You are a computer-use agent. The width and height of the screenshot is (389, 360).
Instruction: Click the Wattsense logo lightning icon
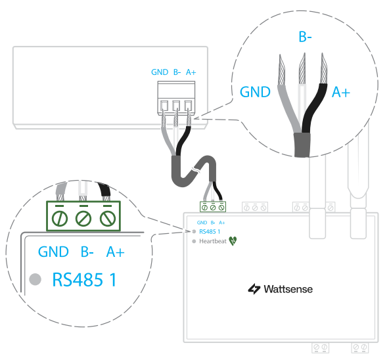pyautogui.click(x=254, y=289)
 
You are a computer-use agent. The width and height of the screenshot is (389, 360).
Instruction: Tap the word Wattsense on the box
pyautogui.click(x=288, y=289)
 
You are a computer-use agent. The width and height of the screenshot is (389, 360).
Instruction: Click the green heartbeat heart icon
pyautogui.click(x=233, y=240)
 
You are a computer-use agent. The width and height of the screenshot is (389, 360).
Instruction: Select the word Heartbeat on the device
pyautogui.click(x=213, y=241)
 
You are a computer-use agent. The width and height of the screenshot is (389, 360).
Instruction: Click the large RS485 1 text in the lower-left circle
pyautogui.click(x=84, y=280)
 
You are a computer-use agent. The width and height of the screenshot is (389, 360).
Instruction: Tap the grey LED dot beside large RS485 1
pyautogui.click(x=35, y=279)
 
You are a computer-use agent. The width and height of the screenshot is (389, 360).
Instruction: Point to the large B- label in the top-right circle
pyautogui.click(x=305, y=37)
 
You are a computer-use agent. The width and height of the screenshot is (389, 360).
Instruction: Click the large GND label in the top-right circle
pyautogui.click(x=255, y=92)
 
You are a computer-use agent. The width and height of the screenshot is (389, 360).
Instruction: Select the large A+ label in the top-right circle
pyautogui.click(x=341, y=92)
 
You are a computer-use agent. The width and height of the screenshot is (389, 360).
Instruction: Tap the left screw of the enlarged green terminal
pyautogui.click(x=60, y=219)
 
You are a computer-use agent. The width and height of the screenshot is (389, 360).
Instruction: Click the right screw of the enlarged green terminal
pyautogui.click(x=108, y=219)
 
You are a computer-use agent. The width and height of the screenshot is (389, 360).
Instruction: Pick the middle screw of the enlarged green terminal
pyautogui.click(x=83, y=219)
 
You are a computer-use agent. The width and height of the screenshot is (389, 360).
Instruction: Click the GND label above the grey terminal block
pyautogui.click(x=160, y=72)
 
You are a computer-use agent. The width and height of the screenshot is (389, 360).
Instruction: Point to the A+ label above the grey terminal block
pyautogui.click(x=191, y=72)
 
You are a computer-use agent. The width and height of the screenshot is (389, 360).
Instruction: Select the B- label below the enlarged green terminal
pyautogui.click(x=87, y=252)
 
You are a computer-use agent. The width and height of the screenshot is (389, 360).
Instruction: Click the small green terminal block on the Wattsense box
pyautogui.click(x=213, y=207)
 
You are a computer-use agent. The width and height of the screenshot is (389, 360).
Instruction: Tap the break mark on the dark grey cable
pyautogui.click(x=195, y=170)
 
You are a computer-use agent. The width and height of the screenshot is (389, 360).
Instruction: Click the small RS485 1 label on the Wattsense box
pyautogui.click(x=210, y=232)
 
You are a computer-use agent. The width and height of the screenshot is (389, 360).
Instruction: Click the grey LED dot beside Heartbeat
pyautogui.click(x=194, y=241)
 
